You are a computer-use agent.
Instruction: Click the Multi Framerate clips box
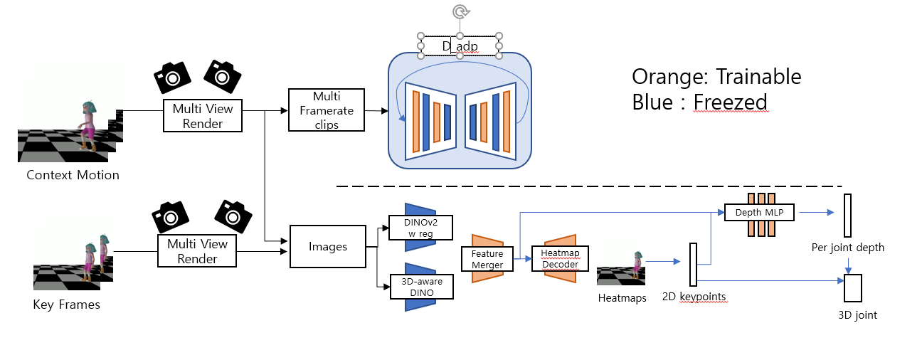(x=327, y=110)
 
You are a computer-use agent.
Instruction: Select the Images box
(x=328, y=247)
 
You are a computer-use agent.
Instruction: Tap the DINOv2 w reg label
(x=421, y=228)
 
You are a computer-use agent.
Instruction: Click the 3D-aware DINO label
(x=421, y=286)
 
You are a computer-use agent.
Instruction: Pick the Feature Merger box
(x=487, y=259)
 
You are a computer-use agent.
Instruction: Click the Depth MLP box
(x=760, y=211)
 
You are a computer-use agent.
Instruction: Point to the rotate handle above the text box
(x=460, y=11)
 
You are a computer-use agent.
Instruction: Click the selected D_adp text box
(x=460, y=46)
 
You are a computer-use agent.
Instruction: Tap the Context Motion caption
(x=73, y=175)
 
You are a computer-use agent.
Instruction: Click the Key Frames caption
(x=67, y=305)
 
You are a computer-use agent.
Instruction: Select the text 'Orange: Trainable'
(x=716, y=77)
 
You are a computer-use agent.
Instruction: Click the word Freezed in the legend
(x=730, y=102)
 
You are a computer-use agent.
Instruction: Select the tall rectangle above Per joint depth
(x=847, y=215)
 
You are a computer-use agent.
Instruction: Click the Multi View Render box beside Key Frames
(x=197, y=251)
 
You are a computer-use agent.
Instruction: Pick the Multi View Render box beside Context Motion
(x=203, y=116)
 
